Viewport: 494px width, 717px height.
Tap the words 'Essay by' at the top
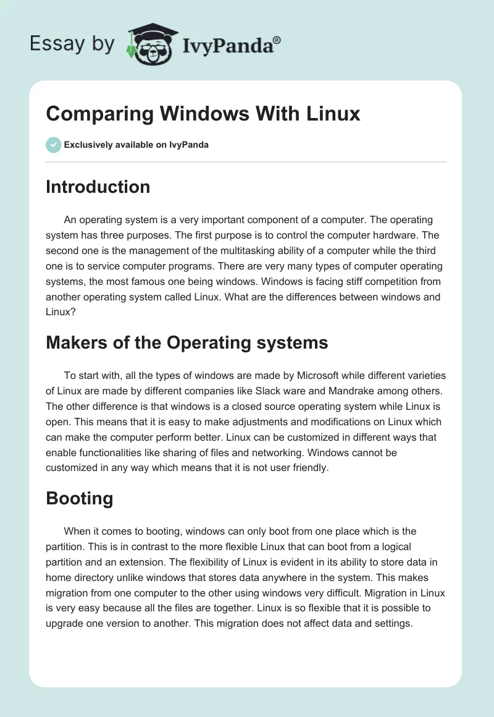pyautogui.click(x=72, y=44)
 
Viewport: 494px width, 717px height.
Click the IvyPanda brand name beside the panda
pyautogui.click(x=232, y=45)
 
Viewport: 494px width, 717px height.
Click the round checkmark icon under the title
pyautogui.click(x=53, y=145)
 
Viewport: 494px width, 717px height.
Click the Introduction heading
pyautogui.click(x=98, y=187)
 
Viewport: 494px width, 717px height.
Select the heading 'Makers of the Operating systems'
pyautogui.click(x=186, y=343)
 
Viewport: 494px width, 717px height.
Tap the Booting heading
pyautogui.click(x=79, y=499)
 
